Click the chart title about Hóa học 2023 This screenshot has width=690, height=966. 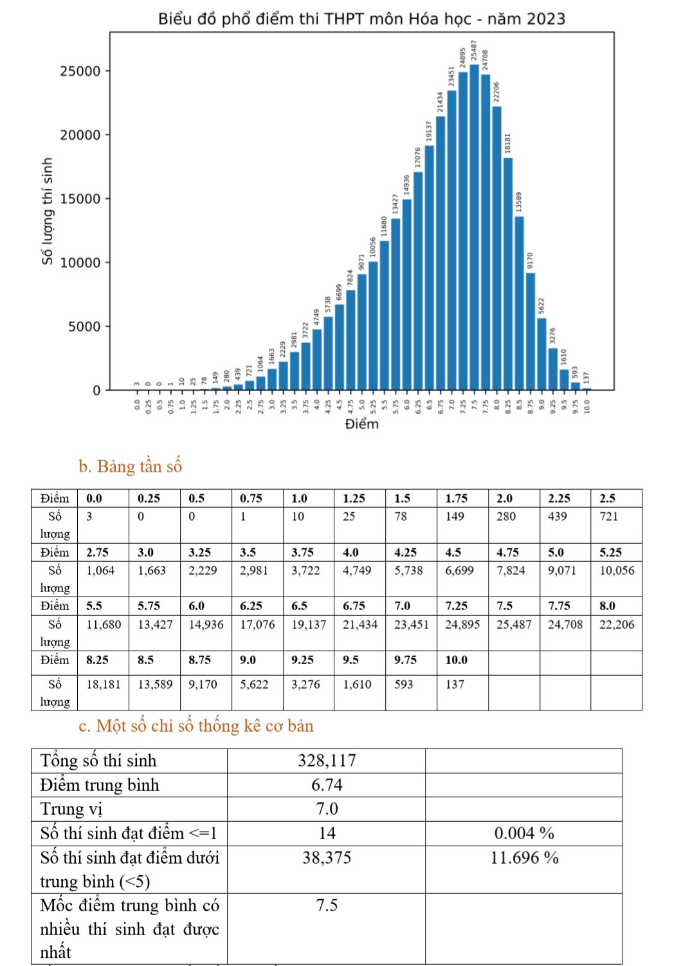pyautogui.click(x=361, y=19)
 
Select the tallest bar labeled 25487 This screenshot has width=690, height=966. pyautogui.click(x=474, y=225)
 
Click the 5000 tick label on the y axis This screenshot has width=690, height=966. pyautogui.click(x=85, y=327)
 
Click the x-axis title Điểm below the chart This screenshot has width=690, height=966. pyautogui.click(x=361, y=424)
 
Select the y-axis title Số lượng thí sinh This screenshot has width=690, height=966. pyautogui.click(x=47, y=211)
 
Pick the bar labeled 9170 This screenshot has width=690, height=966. pyautogui.click(x=531, y=331)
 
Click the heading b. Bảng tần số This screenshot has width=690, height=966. pyautogui.click(x=131, y=466)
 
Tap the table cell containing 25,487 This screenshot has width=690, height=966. pyautogui.click(x=514, y=624)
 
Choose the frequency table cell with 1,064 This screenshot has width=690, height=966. pyautogui.click(x=100, y=570)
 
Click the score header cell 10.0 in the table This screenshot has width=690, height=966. pyautogui.click(x=456, y=660)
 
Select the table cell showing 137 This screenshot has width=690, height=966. pyautogui.click(x=455, y=684)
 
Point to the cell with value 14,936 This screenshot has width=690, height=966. pyautogui.click(x=206, y=624)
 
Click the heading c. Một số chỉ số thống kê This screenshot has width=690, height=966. pyautogui.click(x=196, y=726)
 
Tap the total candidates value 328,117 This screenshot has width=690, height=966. pyautogui.click(x=327, y=761)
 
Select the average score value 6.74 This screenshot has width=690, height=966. pyautogui.click(x=327, y=785)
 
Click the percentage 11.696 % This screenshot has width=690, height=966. pyautogui.click(x=524, y=858)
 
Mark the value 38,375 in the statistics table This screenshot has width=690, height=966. pyautogui.click(x=327, y=858)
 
